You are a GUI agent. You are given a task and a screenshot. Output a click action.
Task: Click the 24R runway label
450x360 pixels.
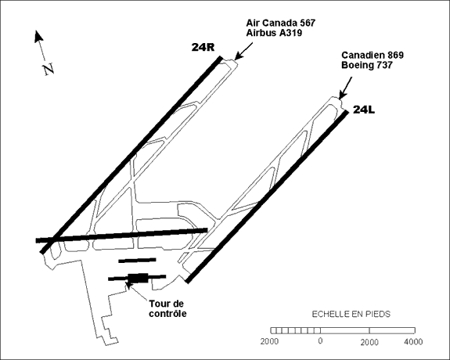point(203,47)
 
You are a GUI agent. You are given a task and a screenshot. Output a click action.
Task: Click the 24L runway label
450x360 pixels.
point(364,110)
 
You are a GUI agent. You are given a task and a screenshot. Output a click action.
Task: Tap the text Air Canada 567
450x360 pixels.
point(281,23)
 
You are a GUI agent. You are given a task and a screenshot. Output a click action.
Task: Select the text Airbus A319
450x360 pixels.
point(274,33)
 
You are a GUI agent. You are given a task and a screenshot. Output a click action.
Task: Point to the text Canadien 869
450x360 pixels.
point(373,55)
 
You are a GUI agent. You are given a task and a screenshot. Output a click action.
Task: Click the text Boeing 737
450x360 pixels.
point(366,65)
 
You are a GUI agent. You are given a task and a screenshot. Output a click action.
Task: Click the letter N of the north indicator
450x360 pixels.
point(49,69)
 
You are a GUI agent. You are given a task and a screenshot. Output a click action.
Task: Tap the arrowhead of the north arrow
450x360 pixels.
point(38,36)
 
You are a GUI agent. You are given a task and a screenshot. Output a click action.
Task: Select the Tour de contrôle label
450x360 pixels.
point(167,308)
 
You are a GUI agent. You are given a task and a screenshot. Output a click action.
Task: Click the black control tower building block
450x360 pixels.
point(138,278)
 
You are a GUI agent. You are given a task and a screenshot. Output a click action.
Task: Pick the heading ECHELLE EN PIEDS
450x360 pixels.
point(351,314)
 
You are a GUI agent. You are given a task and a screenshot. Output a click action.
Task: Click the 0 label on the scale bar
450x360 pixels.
point(320,340)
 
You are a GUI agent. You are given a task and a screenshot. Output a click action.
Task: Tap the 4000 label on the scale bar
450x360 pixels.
point(413,342)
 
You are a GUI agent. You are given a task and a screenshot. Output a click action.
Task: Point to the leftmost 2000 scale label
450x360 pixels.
point(269,341)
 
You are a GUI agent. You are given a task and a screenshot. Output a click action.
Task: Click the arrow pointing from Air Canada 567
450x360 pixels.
point(243,51)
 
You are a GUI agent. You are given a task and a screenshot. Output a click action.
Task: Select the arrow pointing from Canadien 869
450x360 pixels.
point(345,88)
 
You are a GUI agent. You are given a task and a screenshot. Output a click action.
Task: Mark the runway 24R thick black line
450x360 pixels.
point(131,155)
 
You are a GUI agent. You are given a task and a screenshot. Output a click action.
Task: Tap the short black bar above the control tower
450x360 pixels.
point(137,260)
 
